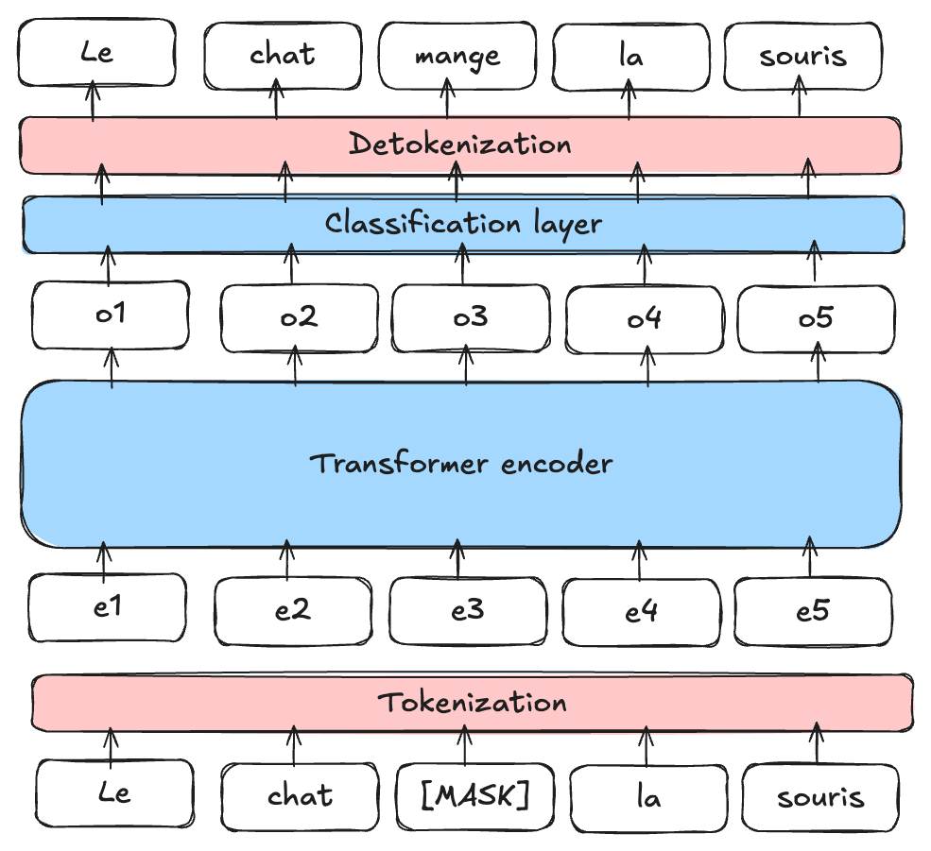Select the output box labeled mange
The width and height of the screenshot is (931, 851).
click(457, 55)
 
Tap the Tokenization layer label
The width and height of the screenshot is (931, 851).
click(473, 703)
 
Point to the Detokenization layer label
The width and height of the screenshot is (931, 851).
click(459, 145)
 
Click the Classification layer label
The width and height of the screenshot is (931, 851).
click(463, 224)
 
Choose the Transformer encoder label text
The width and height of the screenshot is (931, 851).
click(461, 464)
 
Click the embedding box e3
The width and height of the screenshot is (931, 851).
click(467, 610)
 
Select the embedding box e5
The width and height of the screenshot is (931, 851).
click(812, 611)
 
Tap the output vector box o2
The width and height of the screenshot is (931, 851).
click(299, 317)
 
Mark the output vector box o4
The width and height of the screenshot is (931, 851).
click(644, 318)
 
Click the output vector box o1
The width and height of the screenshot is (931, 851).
click(111, 314)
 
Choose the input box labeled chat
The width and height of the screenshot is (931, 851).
click(300, 795)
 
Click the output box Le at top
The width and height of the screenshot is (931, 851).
click(97, 52)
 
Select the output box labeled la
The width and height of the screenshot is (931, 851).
click(630, 56)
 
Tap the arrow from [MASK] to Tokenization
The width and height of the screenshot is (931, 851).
click(464, 745)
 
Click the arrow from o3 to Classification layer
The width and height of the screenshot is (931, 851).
click(463, 264)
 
